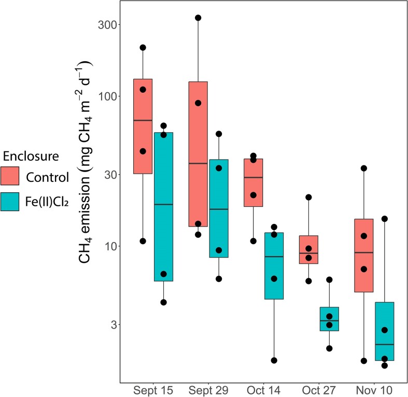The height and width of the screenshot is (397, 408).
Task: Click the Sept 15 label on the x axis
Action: [153, 389]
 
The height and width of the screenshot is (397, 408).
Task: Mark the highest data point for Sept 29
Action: [198, 18]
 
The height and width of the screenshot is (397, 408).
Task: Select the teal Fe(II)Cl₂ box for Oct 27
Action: [329, 319]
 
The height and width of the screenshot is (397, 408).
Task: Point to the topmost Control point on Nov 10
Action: [364, 168]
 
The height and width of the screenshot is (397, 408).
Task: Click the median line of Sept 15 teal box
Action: [163, 204]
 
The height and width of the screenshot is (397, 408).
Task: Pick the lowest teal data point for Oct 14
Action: [274, 360]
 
